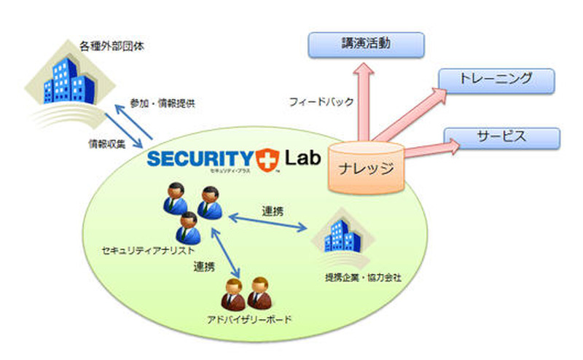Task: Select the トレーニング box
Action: tap(496, 79)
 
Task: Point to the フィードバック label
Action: tap(321, 103)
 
